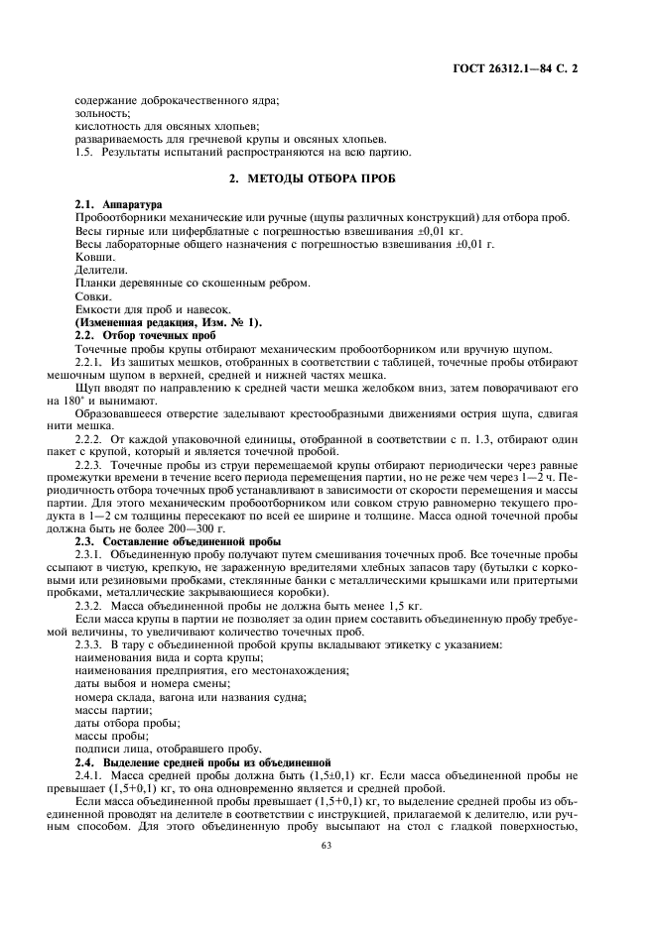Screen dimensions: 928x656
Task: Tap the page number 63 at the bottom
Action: [x=327, y=845]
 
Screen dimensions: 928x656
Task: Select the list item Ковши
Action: [x=94, y=256]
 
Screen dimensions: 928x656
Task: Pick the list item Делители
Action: [x=100, y=269]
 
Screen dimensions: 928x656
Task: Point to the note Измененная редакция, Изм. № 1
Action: [x=154, y=323]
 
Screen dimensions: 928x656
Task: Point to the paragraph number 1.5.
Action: [x=85, y=152]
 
